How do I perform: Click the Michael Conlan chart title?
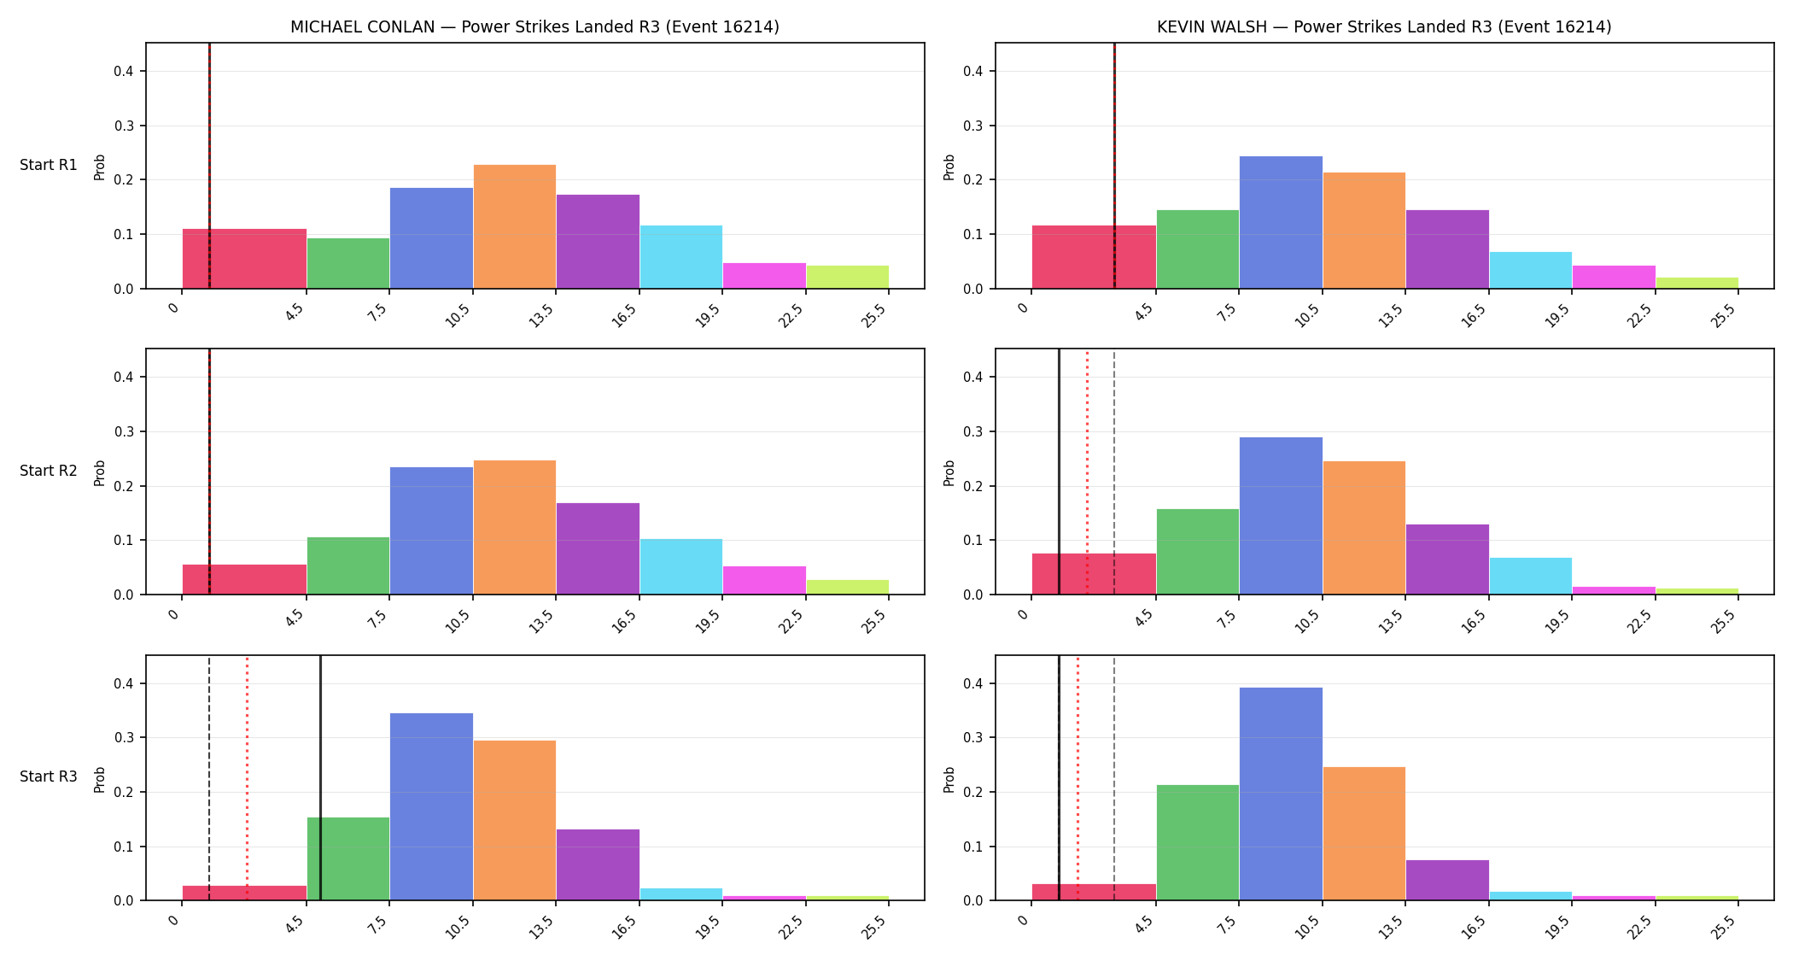(x=534, y=26)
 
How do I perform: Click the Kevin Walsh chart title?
(x=1384, y=26)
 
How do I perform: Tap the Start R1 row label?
(x=49, y=165)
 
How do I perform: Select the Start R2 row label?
(x=49, y=471)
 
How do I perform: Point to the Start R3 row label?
(x=49, y=776)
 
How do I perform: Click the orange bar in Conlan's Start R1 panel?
(x=514, y=226)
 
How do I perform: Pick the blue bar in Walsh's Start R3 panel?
(x=1281, y=794)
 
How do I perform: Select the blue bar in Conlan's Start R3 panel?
(x=431, y=806)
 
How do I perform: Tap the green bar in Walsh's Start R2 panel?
(x=1198, y=552)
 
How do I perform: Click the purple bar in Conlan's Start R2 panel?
(x=598, y=548)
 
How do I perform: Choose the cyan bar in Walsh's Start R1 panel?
(x=1531, y=270)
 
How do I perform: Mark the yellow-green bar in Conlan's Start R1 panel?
(x=847, y=277)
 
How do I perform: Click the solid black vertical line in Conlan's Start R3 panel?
(x=320, y=778)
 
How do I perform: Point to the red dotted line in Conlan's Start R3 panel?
(x=247, y=778)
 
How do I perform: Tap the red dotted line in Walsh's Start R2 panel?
(x=1087, y=472)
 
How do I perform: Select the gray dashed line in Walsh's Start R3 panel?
(x=1114, y=778)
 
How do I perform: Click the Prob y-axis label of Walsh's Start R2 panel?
(x=949, y=472)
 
